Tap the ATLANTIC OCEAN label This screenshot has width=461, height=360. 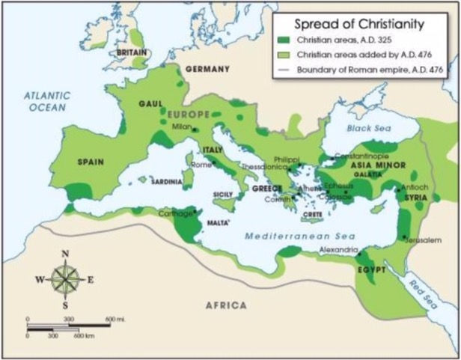[46, 101]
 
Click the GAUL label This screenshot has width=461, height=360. [151, 104]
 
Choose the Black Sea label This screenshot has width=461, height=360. [365, 128]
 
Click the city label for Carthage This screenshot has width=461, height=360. [176, 213]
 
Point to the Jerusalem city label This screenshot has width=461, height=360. [421, 240]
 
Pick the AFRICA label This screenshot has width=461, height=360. [227, 305]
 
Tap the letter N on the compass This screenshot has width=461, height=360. [66, 254]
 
